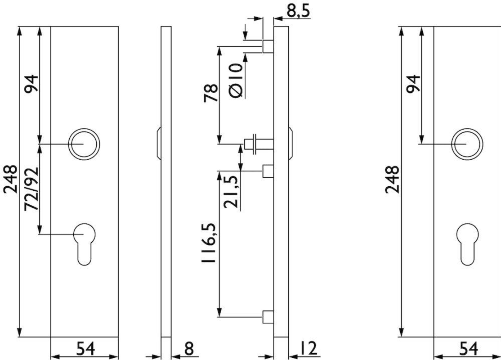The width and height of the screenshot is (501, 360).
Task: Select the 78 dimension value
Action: coord(211,93)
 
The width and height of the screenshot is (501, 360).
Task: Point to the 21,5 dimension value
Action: coord(231,192)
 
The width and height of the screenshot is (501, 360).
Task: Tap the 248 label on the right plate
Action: coord(392,180)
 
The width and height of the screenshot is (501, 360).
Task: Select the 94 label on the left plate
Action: coord(31,84)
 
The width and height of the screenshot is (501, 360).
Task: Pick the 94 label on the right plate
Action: coord(413,84)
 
